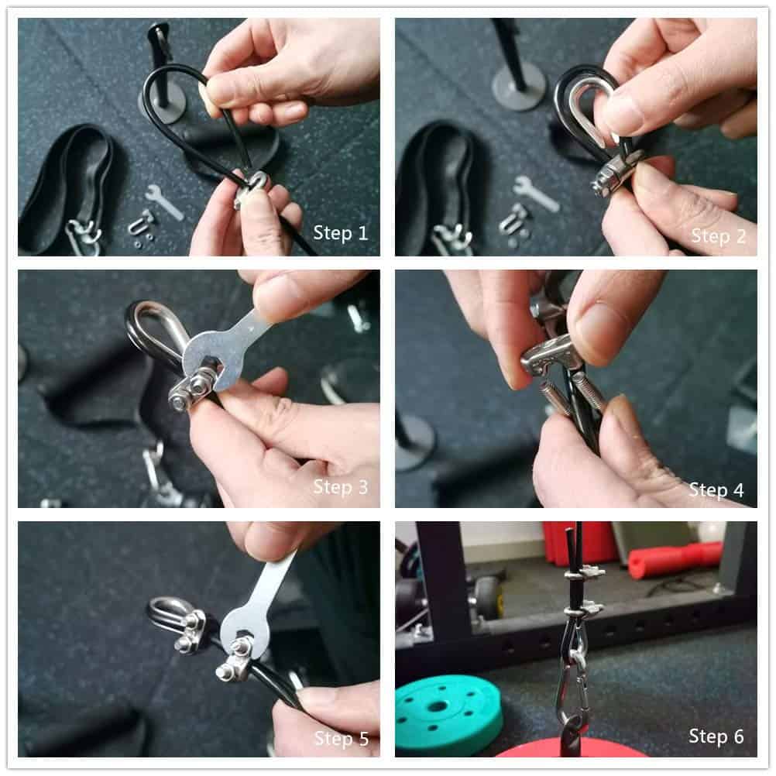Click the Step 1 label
click(341, 232)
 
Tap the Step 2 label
click(718, 236)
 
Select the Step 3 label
click(341, 487)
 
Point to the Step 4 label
click(716, 490)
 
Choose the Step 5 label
click(342, 738)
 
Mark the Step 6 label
click(716, 737)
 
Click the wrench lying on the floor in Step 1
click(165, 202)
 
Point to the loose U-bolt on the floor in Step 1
click(140, 224)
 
